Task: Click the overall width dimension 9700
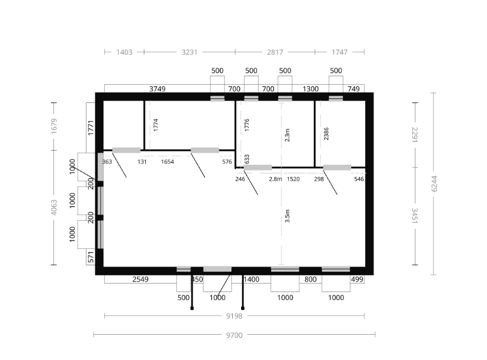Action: (x=234, y=335)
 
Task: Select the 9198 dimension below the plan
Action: (x=234, y=316)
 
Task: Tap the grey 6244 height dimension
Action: (x=434, y=184)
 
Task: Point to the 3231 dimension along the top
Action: (x=189, y=52)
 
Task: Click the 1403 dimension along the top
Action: (x=124, y=52)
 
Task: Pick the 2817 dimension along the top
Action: (x=275, y=52)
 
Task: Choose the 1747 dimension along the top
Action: (x=339, y=52)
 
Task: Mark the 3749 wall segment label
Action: (x=158, y=89)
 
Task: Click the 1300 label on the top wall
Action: (x=311, y=89)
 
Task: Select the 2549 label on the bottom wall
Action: (x=141, y=279)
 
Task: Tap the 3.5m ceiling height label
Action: (x=287, y=216)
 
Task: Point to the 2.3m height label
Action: (x=287, y=135)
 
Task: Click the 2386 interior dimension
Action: (x=326, y=134)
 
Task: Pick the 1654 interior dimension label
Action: (x=168, y=162)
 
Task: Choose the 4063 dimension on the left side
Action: (x=54, y=207)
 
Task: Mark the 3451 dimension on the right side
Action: (x=415, y=216)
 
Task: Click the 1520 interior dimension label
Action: (x=293, y=179)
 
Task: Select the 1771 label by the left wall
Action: (x=91, y=128)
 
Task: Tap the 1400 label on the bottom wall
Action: (x=251, y=279)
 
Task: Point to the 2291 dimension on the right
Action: (x=415, y=135)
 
